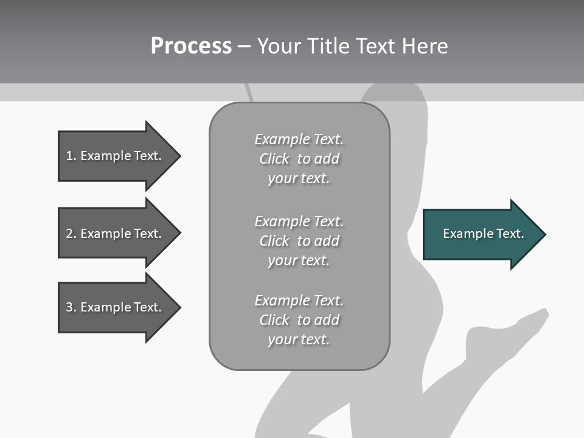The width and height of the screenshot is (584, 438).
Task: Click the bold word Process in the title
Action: coord(191,46)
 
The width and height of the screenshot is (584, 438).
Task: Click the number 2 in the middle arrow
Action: coord(69,234)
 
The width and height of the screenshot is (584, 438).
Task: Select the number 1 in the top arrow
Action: coord(69,156)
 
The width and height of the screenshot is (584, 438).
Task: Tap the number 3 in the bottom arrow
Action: coord(69,307)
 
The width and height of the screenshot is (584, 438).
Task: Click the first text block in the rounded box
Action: coord(299,159)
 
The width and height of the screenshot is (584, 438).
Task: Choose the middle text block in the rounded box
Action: coord(299,241)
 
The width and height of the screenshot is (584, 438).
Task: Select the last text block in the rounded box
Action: coord(299,320)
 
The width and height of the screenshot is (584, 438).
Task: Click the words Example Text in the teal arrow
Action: coord(483,234)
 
